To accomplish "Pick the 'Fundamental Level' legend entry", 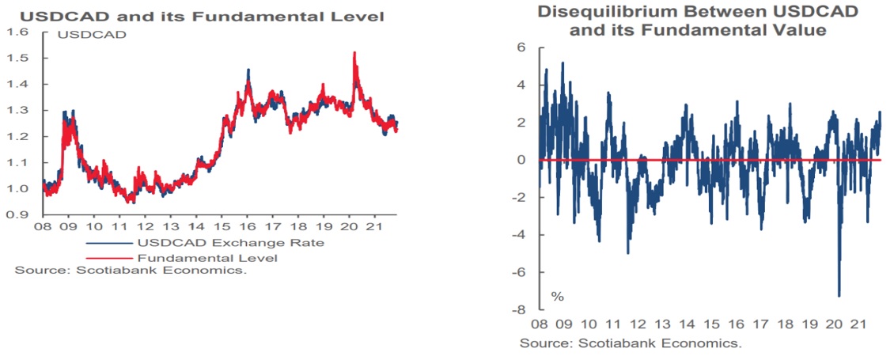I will (209, 257).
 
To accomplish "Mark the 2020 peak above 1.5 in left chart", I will (354, 54).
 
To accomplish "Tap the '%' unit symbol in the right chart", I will (558, 297).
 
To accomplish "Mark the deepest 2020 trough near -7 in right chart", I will (839, 294).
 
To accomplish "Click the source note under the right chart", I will (630, 344).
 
